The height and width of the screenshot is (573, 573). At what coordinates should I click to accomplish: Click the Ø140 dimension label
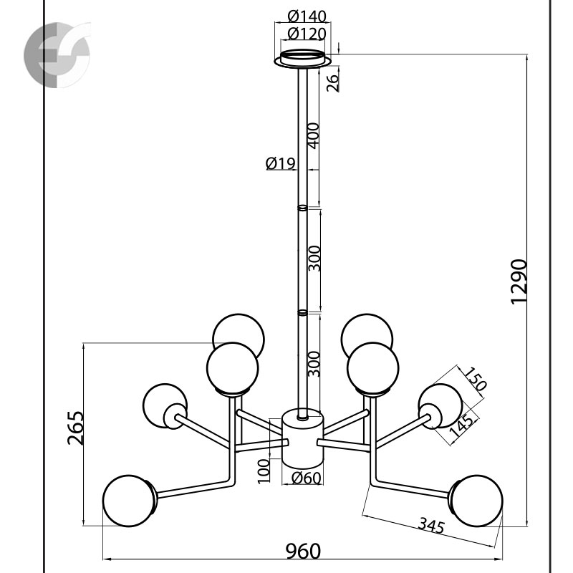(x=306, y=16)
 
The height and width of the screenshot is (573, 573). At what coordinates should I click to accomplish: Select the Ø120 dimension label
(x=306, y=33)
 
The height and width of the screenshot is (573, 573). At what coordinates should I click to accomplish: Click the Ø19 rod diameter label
(x=280, y=164)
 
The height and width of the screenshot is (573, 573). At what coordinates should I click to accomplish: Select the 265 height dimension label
(x=76, y=428)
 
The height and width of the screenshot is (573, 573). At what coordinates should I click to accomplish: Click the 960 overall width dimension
(x=304, y=550)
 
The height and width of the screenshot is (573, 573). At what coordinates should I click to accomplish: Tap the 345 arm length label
(x=432, y=526)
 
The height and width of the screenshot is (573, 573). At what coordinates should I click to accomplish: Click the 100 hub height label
(x=264, y=473)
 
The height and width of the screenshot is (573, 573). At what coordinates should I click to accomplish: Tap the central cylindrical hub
(x=302, y=437)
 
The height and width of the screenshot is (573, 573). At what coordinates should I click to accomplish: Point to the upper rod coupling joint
(x=302, y=208)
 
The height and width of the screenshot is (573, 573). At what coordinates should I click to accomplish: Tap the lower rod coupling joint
(x=302, y=313)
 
